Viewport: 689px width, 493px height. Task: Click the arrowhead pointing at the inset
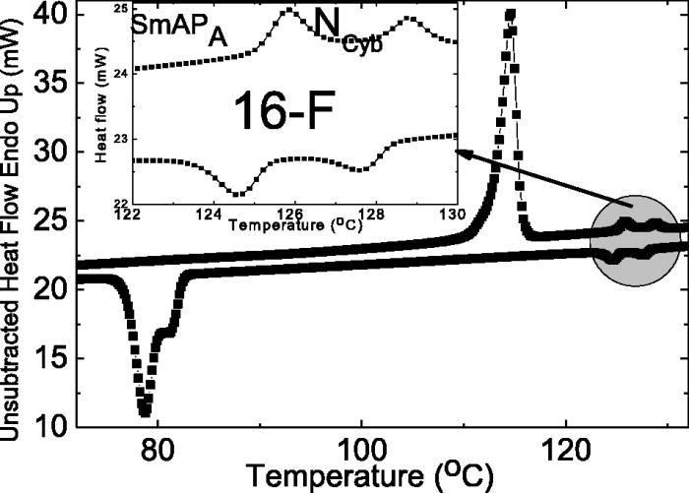(459, 151)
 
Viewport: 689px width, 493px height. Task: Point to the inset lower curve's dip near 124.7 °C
(239, 193)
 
